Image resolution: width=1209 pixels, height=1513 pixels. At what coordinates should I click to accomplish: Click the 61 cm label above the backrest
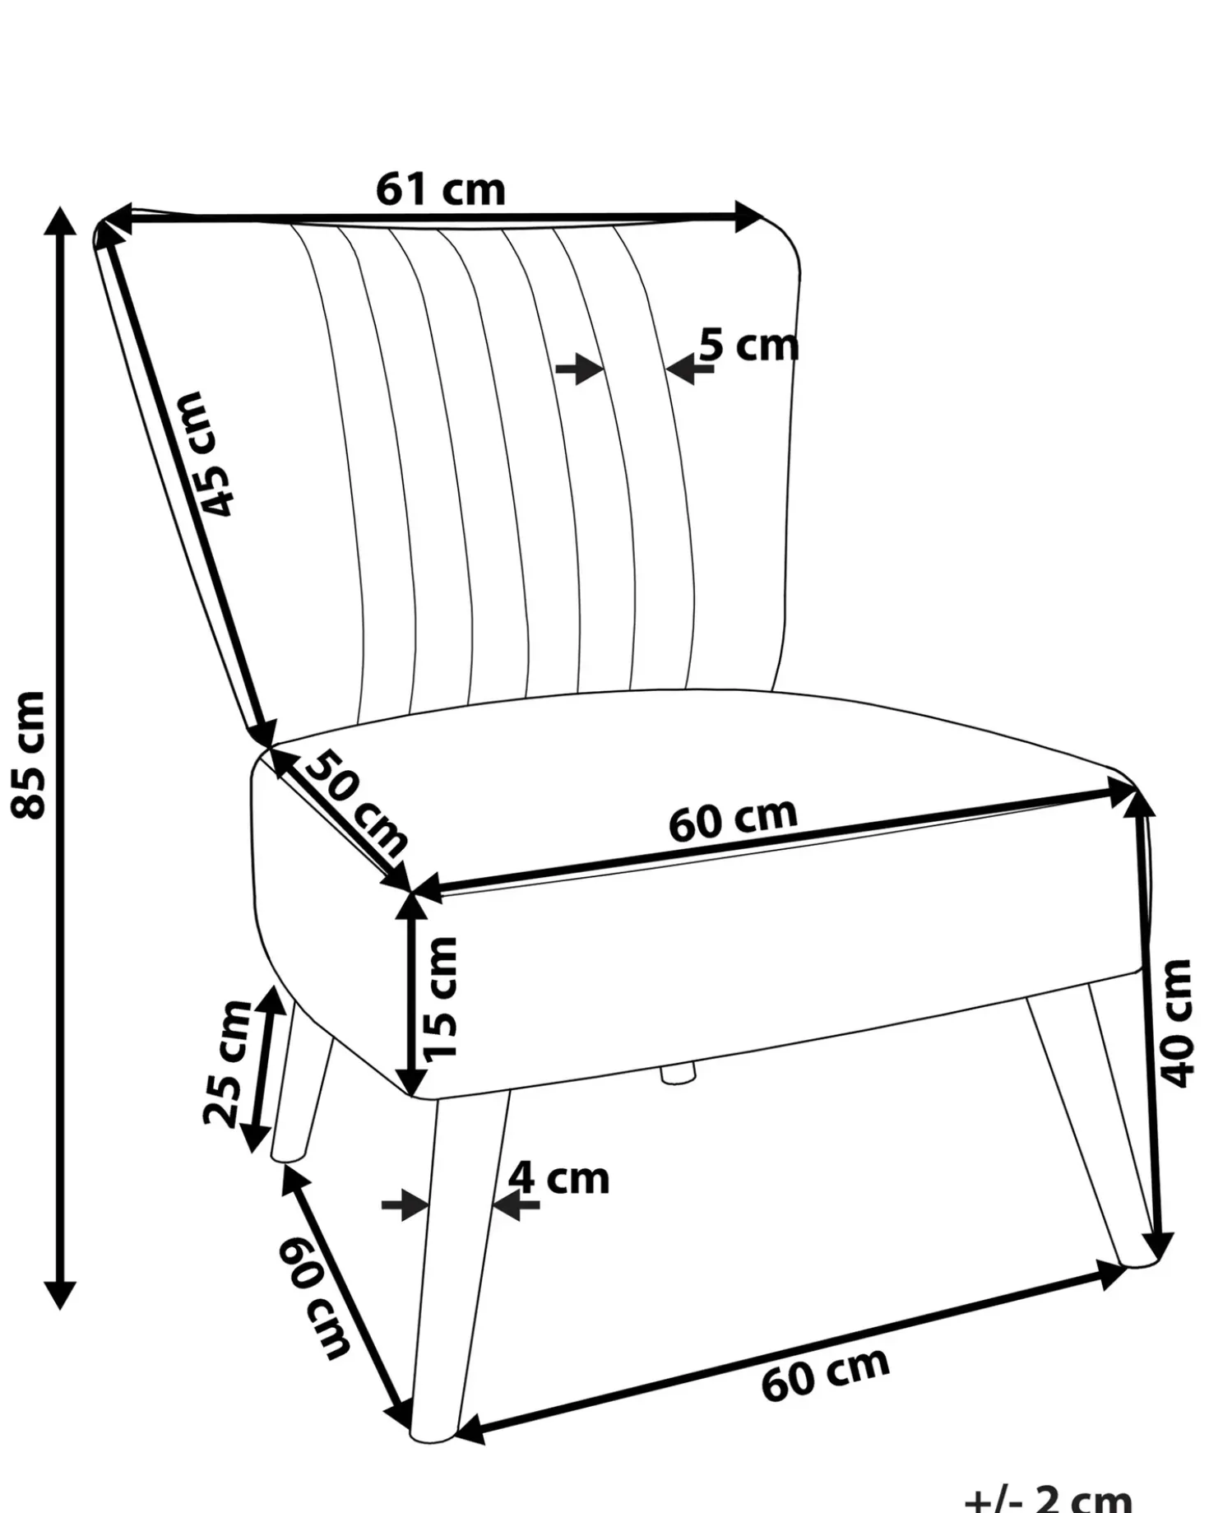441,190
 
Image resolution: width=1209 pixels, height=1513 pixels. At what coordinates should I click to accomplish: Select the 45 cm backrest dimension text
206,453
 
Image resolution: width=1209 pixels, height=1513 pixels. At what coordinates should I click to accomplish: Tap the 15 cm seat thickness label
438,997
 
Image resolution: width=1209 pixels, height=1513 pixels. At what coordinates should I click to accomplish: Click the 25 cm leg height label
226,1062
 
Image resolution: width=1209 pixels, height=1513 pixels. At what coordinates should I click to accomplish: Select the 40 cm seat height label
1174,1023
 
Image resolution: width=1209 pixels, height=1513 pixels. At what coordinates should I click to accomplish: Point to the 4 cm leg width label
558,1179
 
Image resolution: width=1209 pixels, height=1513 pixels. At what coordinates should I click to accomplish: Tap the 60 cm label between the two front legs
825,1373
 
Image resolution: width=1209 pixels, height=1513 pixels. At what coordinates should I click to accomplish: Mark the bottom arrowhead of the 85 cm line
59,1294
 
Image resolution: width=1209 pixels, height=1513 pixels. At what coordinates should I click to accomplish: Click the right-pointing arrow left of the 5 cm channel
581,369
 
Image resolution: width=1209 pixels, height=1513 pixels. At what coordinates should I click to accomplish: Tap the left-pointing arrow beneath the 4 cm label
515,1206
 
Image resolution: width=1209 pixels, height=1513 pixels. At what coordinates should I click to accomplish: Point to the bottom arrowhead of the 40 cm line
1159,1244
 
